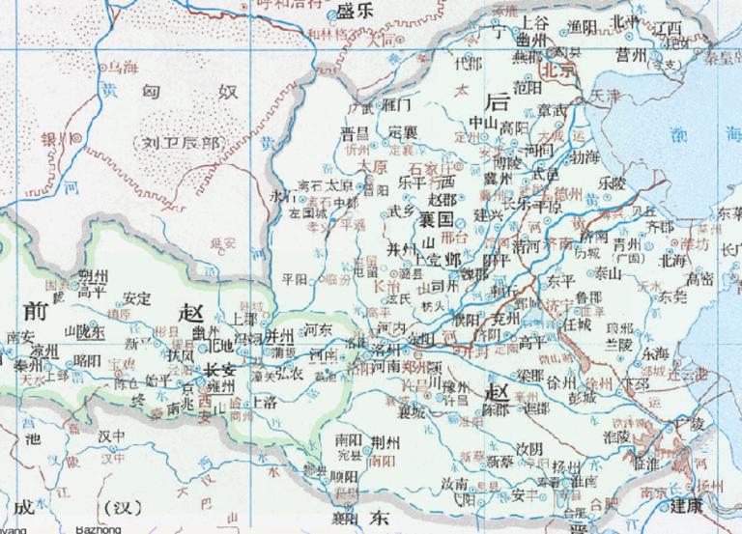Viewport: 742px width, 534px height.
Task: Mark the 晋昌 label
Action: point(355,132)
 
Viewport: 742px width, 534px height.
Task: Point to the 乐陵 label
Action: point(612,181)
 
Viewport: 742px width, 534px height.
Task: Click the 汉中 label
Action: point(113,436)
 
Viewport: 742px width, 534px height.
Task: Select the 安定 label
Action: point(137,298)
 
